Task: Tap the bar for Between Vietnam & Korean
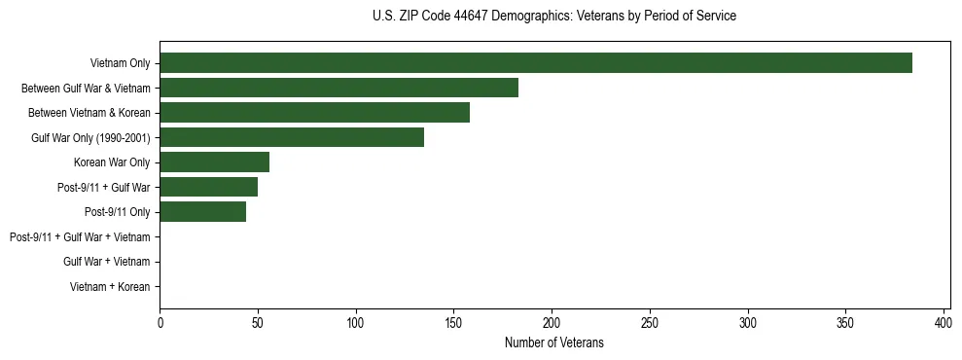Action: coord(314,113)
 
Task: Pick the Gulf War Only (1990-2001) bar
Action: coord(292,137)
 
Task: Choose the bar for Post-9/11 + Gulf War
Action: coord(208,187)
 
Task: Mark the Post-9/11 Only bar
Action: coord(202,212)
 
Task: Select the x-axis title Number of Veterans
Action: coord(554,342)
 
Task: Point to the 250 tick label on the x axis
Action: coord(650,322)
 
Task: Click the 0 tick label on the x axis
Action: coord(160,322)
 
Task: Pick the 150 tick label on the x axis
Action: coord(453,322)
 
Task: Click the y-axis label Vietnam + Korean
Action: coord(110,287)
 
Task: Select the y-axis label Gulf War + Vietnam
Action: coord(106,262)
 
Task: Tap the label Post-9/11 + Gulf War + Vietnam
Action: coord(80,237)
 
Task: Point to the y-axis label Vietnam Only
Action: coord(120,64)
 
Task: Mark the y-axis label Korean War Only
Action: coord(112,162)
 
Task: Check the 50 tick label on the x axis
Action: coord(258,322)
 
